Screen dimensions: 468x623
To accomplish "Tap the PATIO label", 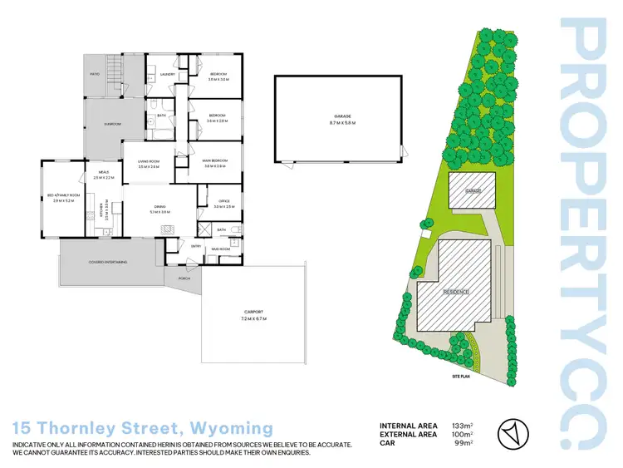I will point(96,73).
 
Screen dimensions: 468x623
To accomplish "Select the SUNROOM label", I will point(112,124).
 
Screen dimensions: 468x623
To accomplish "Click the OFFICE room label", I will point(223,200).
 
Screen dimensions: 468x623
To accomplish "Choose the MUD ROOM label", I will point(220,249).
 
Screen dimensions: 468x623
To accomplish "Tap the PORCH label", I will point(184,278).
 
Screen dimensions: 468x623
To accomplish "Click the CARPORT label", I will point(253,313).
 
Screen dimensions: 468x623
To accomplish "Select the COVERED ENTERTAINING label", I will point(109,262).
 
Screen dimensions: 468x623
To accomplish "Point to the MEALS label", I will point(104,171).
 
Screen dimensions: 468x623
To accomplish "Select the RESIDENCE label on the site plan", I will point(456,292).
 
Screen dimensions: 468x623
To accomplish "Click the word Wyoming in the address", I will point(232,429).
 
